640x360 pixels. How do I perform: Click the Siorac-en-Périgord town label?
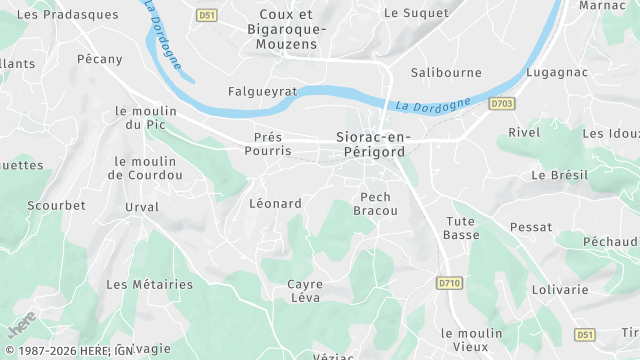pyautogui.click(x=370, y=143)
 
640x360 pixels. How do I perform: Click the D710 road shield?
pyautogui.click(x=449, y=283)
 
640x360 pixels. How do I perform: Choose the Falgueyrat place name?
pyautogui.click(x=263, y=90)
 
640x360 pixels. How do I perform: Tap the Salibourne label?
pyautogui.click(x=446, y=72)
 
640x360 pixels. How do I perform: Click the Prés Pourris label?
pyautogui.click(x=268, y=143)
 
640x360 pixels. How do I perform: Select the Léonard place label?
pyautogui.click(x=275, y=203)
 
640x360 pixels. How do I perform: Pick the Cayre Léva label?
pyautogui.click(x=305, y=290)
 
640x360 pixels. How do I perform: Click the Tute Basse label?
pyautogui.click(x=461, y=227)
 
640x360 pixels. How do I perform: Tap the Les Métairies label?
pyautogui.click(x=149, y=284)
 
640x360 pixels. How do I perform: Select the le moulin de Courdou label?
pyautogui.click(x=146, y=167)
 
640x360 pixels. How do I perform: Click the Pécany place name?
pyautogui.click(x=100, y=59)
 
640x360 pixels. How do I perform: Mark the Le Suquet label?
pyautogui.click(x=408, y=13)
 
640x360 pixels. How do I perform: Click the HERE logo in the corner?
pyautogui.click(x=21, y=325)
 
